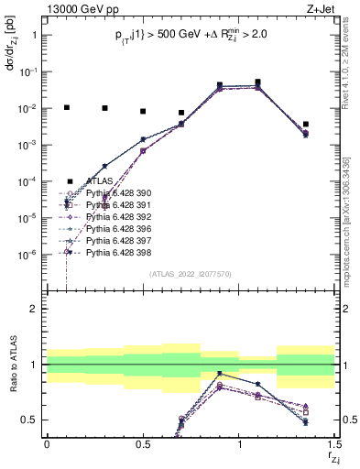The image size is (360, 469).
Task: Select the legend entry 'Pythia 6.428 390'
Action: click(x=109, y=194)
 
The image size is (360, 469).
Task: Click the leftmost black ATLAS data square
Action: click(x=66, y=107)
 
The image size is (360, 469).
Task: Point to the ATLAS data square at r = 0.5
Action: click(x=143, y=111)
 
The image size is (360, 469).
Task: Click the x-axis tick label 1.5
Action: click(x=334, y=443)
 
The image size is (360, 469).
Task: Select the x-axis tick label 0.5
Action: click(x=143, y=443)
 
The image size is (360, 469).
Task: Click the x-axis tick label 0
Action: click(x=47, y=443)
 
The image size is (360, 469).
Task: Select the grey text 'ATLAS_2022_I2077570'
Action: click(x=191, y=274)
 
